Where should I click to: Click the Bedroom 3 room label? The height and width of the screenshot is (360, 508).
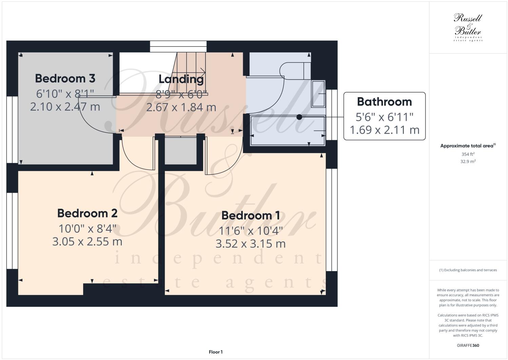65,78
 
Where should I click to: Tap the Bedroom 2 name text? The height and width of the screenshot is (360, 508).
87,213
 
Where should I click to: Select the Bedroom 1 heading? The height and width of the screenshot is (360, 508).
251,215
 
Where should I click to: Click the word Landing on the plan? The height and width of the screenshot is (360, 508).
181,79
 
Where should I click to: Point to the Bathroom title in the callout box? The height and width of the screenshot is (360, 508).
384,102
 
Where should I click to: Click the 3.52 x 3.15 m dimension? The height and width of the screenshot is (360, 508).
251,244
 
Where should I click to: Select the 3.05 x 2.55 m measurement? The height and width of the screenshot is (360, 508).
87,242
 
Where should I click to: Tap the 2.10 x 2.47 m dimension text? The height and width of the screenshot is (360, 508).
65,107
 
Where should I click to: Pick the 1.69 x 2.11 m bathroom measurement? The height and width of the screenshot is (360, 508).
384,130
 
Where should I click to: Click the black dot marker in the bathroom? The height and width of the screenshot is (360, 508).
299,117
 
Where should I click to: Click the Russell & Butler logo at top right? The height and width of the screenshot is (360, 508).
468,27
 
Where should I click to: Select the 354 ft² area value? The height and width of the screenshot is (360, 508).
468,154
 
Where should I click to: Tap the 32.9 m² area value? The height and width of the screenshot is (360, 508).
468,162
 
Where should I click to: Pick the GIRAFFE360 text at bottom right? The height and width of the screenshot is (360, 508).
468,346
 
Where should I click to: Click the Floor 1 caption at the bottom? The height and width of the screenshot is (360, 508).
216,352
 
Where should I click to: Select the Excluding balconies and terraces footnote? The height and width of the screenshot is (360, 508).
468,270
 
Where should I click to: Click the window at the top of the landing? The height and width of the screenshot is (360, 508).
178,46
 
